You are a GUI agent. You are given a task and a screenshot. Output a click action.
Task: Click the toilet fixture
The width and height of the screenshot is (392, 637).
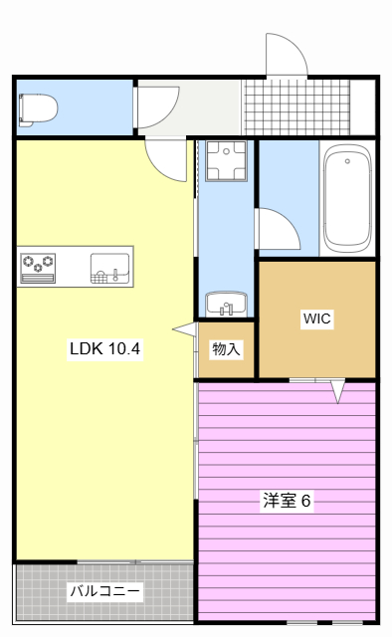click(38, 108)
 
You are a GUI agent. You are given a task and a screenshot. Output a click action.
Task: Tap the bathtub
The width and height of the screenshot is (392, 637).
click(347, 198)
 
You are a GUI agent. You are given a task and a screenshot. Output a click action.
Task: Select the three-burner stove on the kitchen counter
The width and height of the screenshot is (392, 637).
click(38, 268)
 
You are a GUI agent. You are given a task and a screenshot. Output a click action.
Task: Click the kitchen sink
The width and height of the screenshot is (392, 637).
click(109, 268)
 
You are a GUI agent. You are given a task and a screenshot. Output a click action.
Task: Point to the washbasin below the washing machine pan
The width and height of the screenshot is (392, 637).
click(226, 304)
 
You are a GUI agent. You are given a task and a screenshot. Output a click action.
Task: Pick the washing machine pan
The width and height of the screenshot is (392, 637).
click(226, 160)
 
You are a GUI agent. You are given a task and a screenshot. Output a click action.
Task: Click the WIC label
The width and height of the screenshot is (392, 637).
click(316, 318)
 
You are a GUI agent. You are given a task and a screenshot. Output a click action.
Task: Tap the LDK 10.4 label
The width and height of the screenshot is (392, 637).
click(104, 348)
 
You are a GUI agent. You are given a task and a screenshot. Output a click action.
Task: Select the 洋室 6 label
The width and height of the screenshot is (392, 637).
click(287, 501)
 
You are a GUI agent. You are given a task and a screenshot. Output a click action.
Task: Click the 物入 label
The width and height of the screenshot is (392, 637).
click(226, 348)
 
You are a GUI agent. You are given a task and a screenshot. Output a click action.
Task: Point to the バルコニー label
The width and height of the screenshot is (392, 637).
click(104, 591)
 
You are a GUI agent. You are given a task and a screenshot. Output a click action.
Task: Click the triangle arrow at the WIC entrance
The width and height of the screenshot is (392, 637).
click(338, 391)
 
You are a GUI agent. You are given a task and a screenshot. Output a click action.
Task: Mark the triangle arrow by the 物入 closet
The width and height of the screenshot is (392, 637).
click(185, 329)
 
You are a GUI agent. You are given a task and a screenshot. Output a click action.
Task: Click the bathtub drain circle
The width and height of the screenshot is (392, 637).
click(347, 161)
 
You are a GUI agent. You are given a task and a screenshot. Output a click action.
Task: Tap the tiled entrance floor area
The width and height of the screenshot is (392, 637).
click(295, 107)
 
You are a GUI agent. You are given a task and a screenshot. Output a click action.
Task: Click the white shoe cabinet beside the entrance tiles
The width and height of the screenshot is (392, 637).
click(362, 107)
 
